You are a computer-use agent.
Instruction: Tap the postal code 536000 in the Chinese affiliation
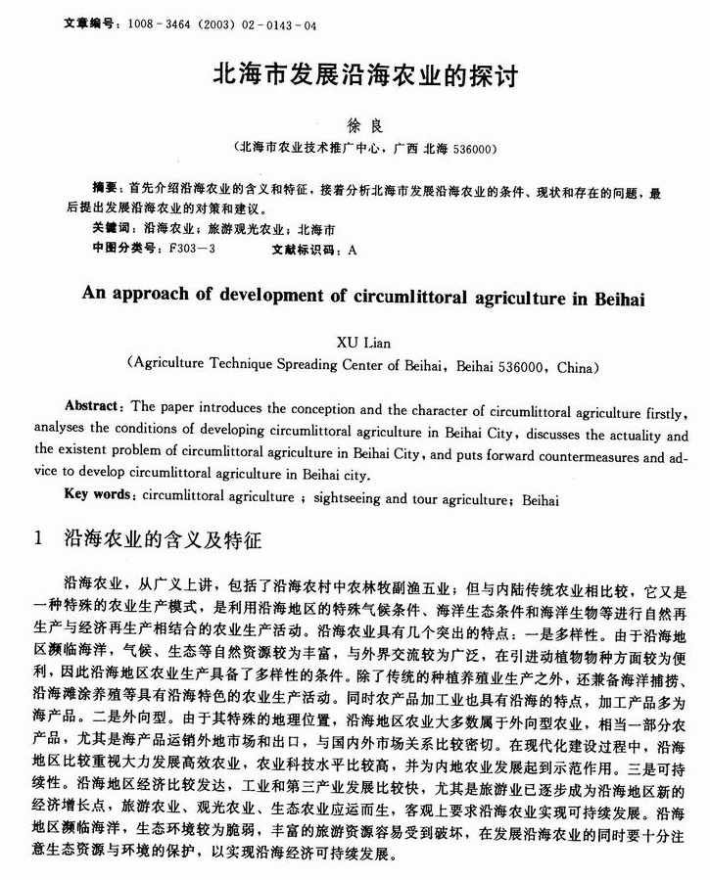click(470, 150)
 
